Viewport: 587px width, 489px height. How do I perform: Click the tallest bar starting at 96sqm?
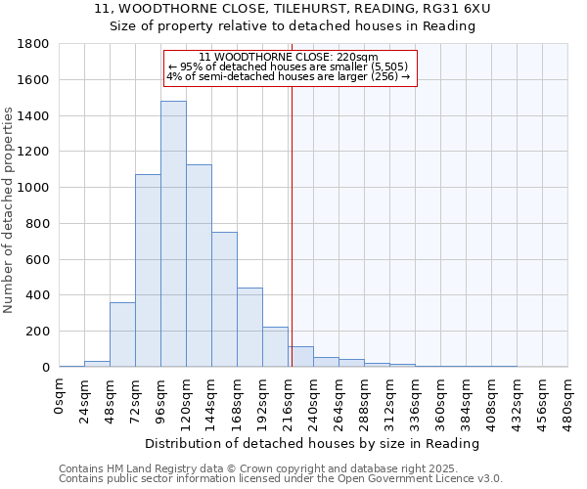tap(173, 234)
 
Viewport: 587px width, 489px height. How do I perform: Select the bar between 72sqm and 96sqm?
tap(148, 271)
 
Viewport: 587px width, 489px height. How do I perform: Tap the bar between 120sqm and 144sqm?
tap(199, 266)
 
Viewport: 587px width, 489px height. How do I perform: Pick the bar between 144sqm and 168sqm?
tap(224, 299)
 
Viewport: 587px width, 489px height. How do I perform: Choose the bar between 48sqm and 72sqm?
tap(122, 334)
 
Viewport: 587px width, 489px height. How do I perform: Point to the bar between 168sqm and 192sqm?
tap(249, 328)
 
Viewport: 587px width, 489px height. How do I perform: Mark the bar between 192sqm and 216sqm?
tap(275, 347)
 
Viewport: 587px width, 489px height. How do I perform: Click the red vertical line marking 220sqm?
tap(292, 225)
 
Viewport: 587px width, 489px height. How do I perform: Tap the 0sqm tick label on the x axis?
tap(59, 396)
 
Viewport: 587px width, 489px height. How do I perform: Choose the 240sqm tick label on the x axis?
tap(313, 401)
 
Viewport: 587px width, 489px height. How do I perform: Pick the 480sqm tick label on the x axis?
tap(567, 401)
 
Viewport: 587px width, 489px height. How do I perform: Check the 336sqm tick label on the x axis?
tap(415, 401)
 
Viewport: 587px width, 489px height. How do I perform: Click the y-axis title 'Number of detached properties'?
tap(9, 210)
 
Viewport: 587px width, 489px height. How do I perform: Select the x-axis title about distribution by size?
tap(312, 443)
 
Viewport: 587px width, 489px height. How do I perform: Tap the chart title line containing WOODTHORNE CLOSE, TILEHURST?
tap(293, 9)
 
